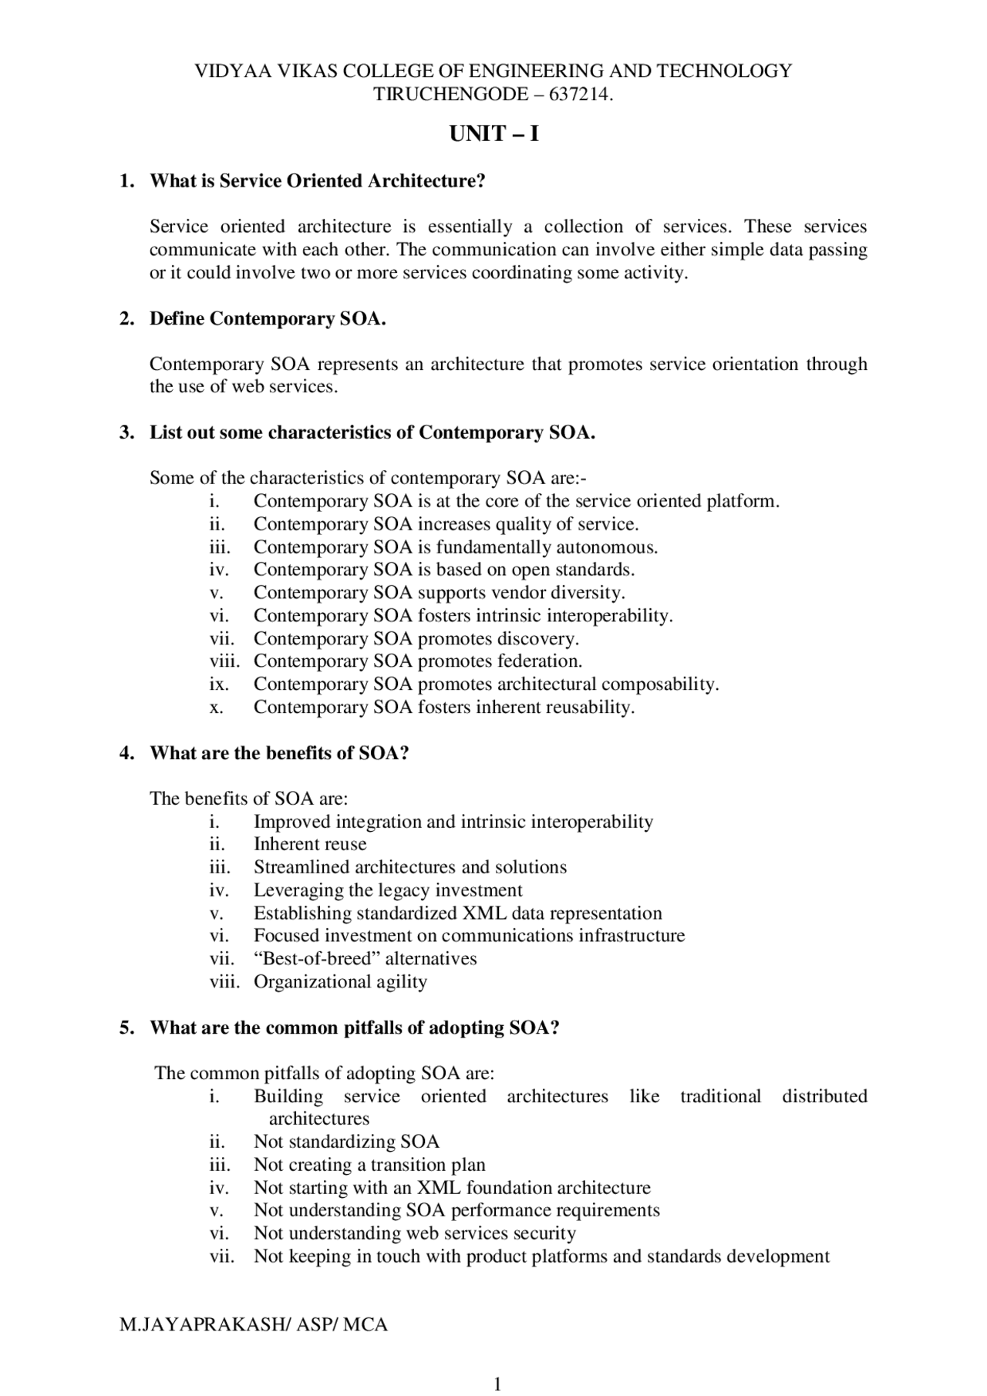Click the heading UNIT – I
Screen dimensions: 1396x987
[493, 134]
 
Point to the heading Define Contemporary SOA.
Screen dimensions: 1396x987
[268, 318]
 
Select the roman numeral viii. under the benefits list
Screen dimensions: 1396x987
[224, 982]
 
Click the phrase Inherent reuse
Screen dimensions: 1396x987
[310, 845]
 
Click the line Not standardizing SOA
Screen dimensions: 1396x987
[346, 1142]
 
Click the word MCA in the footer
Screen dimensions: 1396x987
[365, 1325]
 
